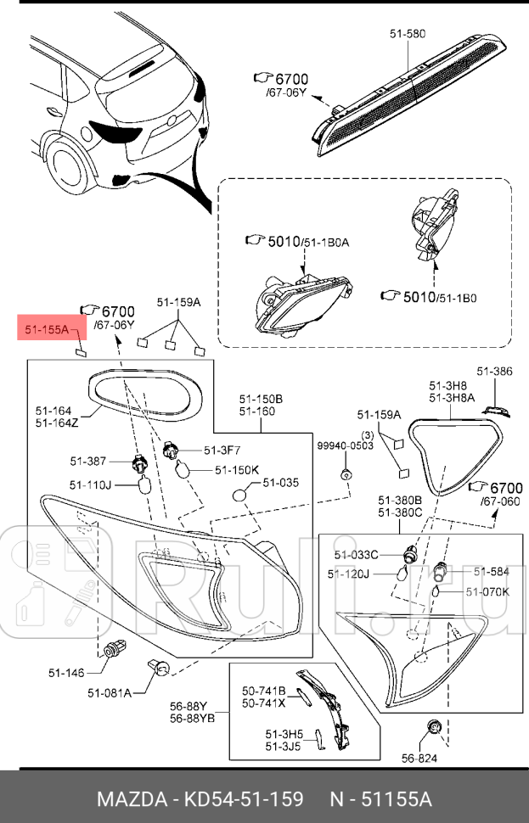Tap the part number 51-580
[407, 34]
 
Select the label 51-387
[87, 461]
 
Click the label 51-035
[280, 483]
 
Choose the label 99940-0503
[346, 445]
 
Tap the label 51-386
[494, 371]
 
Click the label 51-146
[66, 673]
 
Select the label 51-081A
[110, 692]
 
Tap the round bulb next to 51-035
[241, 494]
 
